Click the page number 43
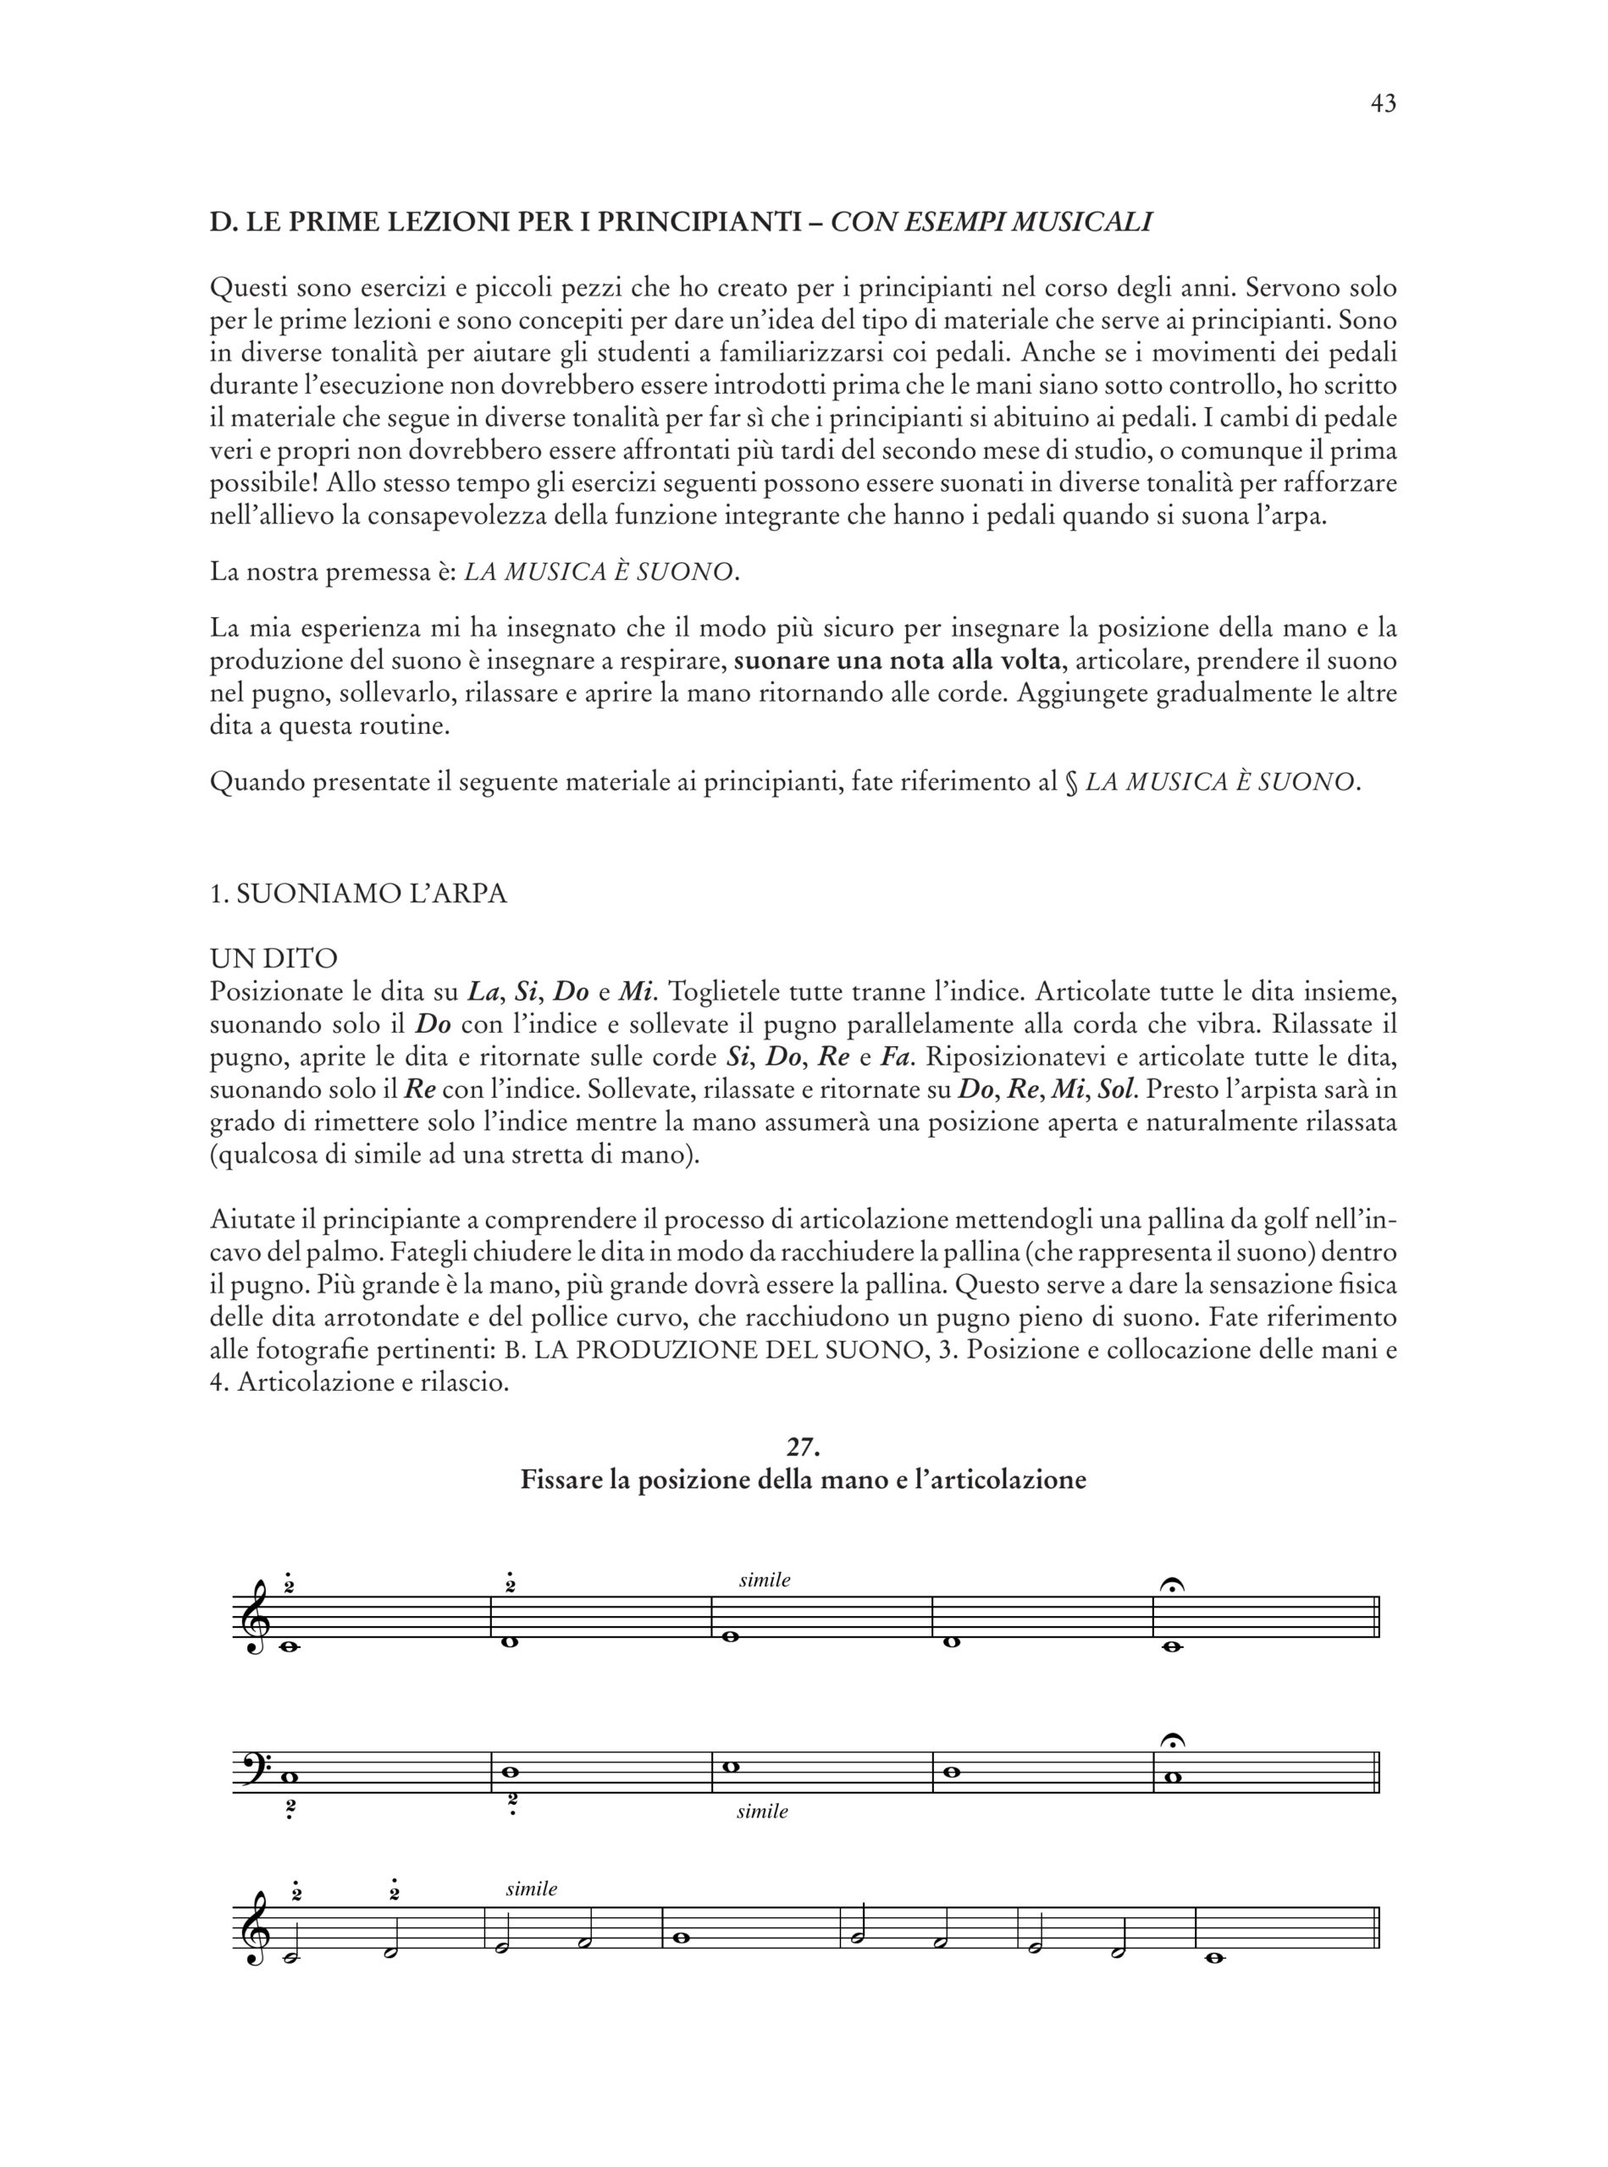(1382, 104)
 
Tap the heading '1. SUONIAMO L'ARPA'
(358, 894)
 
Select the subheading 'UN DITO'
(274, 959)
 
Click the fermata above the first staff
(1173, 1586)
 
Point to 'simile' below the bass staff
(762, 1811)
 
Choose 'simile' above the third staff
(532, 1889)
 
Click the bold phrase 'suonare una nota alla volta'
(897, 661)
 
